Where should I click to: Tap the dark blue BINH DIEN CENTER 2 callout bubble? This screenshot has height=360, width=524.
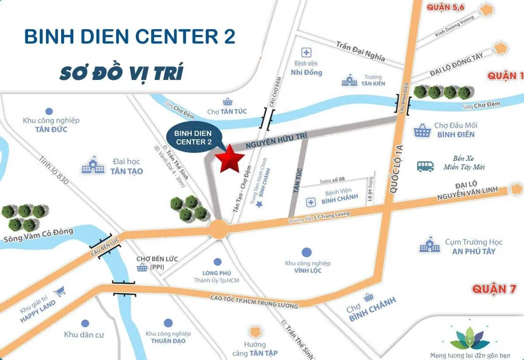(x=193, y=136)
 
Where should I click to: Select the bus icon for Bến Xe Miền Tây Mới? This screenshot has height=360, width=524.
(x=425, y=166)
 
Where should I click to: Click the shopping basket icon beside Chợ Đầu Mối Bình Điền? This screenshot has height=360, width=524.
(x=422, y=130)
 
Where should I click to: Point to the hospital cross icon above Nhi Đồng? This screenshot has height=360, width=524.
(x=307, y=53)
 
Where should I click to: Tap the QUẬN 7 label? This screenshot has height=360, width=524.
(x=494, y=289)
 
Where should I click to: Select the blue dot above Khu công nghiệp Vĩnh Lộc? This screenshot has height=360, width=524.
(x=307, y=252)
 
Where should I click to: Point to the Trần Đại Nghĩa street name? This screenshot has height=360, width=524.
(x=360, y=52)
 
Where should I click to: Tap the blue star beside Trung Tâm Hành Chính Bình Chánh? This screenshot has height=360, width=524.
(x=259, y=204)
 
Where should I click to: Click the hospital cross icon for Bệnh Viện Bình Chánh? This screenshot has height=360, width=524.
(x=310, y=202)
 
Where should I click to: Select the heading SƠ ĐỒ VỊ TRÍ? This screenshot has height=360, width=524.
(x=121, y=73)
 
